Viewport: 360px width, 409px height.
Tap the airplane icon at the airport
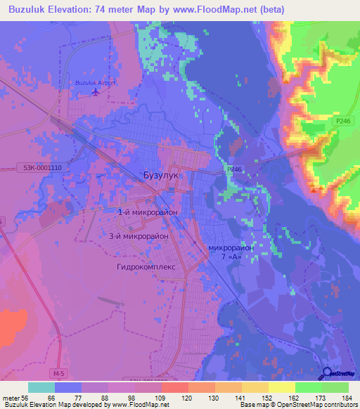96,91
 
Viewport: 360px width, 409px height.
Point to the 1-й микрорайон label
147,211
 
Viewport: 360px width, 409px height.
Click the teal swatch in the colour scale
41,387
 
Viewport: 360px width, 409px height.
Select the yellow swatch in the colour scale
281,387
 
